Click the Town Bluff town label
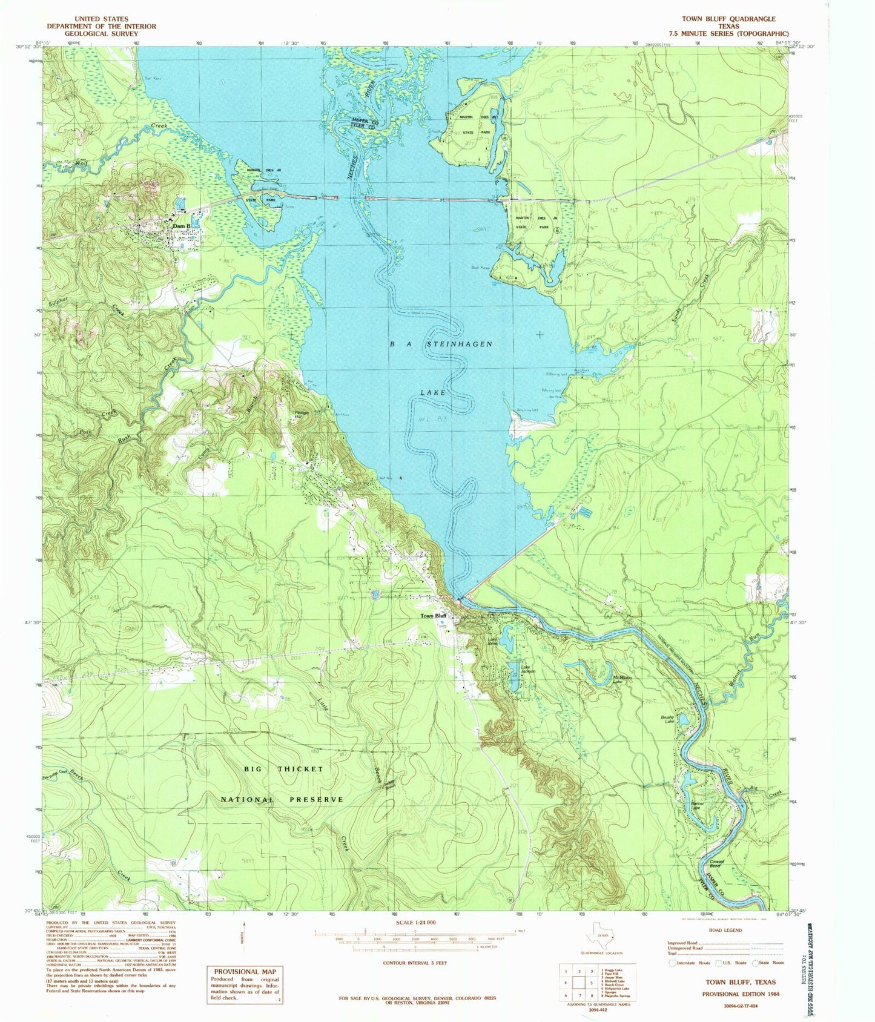point(434,616)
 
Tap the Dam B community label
point(182,226)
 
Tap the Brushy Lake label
point(667,719)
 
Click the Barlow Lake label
point(696,805)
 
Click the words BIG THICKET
point(284,769)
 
